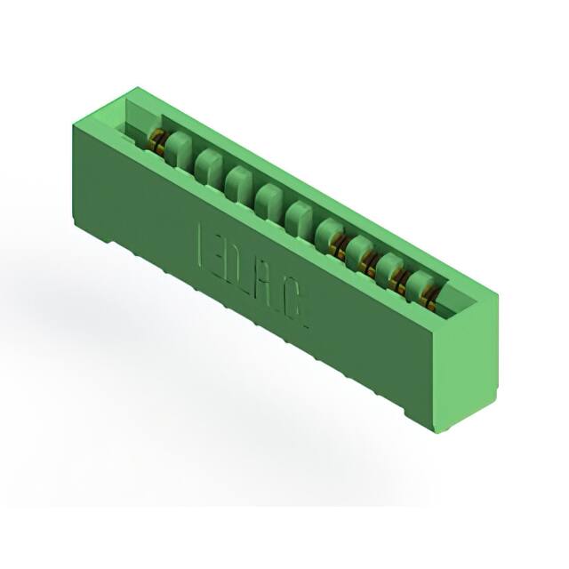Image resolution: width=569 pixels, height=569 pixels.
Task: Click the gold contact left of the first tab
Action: click(156, 140)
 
